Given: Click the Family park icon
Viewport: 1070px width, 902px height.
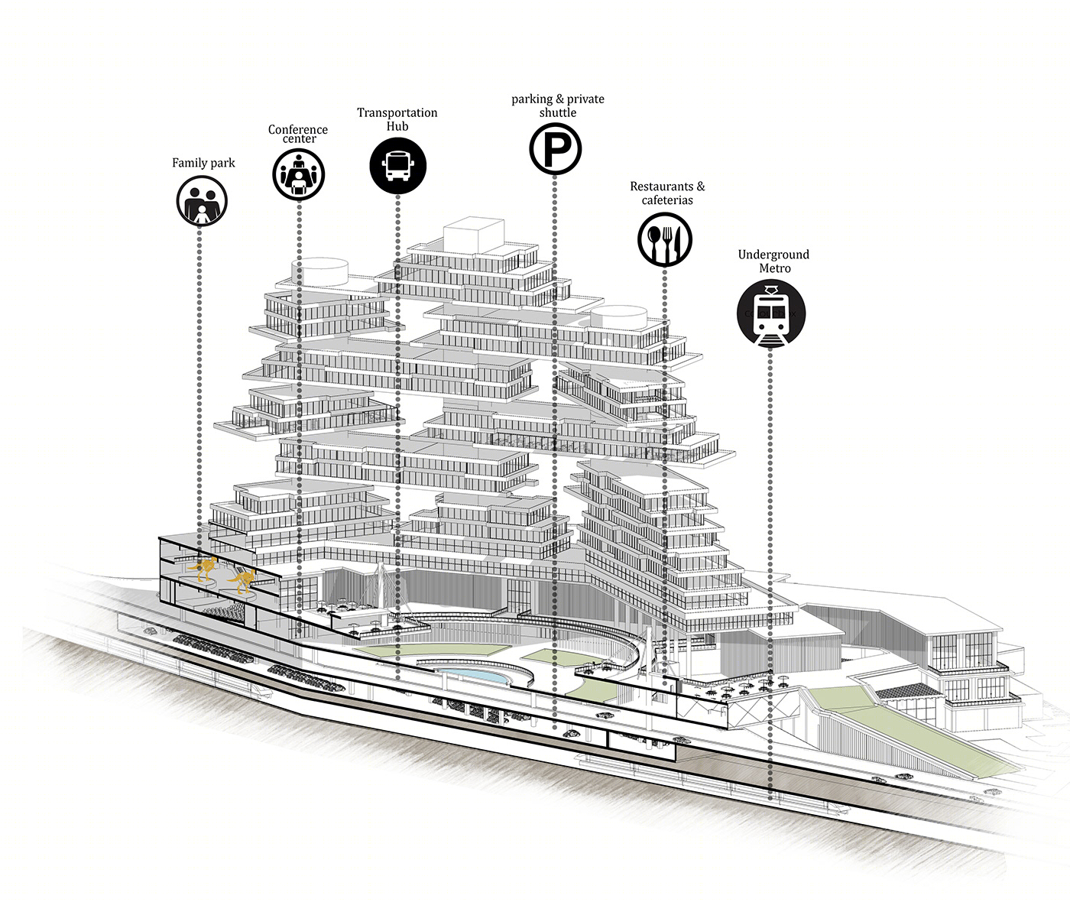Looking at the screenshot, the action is (202, 201).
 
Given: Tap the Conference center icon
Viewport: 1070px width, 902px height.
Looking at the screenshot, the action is (298, 174).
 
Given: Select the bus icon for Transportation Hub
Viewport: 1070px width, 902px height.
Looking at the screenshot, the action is (397, 166).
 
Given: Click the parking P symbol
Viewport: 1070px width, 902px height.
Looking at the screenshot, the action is (556, 149).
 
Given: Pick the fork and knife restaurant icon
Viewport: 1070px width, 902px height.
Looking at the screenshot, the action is (665, 239).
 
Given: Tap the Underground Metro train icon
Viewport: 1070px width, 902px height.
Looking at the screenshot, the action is (770, 313).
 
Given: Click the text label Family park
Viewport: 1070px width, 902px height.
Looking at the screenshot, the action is (203, 163).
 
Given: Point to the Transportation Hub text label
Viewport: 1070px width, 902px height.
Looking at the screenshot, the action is (397, 119).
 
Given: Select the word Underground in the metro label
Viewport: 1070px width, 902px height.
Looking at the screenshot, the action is (773, 255).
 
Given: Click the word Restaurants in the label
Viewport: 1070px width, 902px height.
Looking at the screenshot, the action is (662, 186).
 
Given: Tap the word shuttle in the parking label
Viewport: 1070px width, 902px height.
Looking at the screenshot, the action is (558, 112).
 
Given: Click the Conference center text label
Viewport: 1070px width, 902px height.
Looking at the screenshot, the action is (298, 134).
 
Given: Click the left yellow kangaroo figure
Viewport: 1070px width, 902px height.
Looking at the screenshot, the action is (203, 569).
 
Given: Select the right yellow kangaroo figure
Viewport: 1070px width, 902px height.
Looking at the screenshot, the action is (242, 581).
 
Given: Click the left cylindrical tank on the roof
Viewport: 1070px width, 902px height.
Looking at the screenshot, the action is (320, 271).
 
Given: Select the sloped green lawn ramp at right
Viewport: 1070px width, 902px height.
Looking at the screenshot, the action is (911, 730).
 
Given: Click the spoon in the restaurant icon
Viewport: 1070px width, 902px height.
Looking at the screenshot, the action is (654, 240).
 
